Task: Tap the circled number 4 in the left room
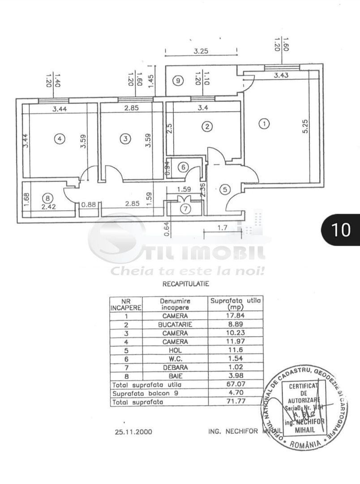60,139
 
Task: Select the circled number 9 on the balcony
178,81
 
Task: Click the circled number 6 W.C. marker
183,167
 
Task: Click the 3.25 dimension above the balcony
201,52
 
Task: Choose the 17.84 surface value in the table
236,315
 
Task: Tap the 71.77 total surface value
236,402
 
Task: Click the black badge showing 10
340,229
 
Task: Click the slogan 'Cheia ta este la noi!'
189,271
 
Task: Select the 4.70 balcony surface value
236,393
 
